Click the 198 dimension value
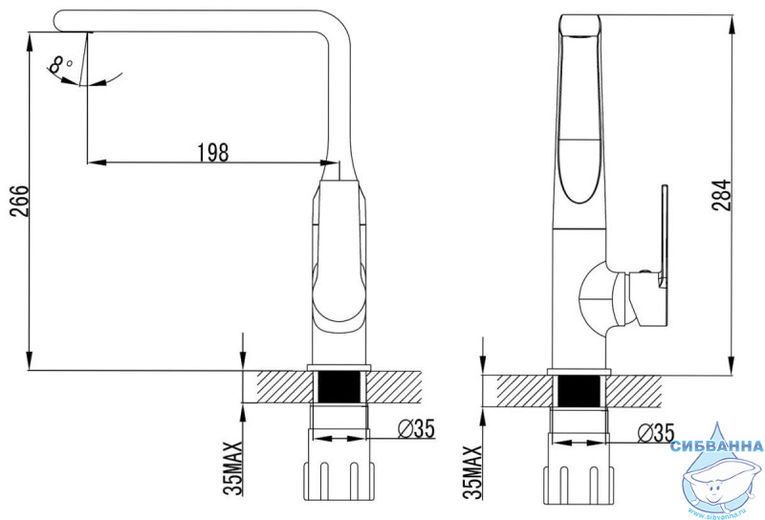[212, 152]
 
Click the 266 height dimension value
[20, 201]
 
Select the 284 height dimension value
[721, 195]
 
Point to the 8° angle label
[60, 64]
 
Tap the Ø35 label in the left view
[416, 429]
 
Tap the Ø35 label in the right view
[656, 433]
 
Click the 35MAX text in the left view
[233, 467]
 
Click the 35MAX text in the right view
[471, 471]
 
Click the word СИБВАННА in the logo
[716, 445]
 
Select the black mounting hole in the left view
[339, 387]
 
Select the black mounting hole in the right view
[579, 391]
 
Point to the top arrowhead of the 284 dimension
[732, 25]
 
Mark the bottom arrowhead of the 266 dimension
[31, 360]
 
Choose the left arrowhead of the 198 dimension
[97, 162]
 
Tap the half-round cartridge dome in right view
[592, 298]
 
